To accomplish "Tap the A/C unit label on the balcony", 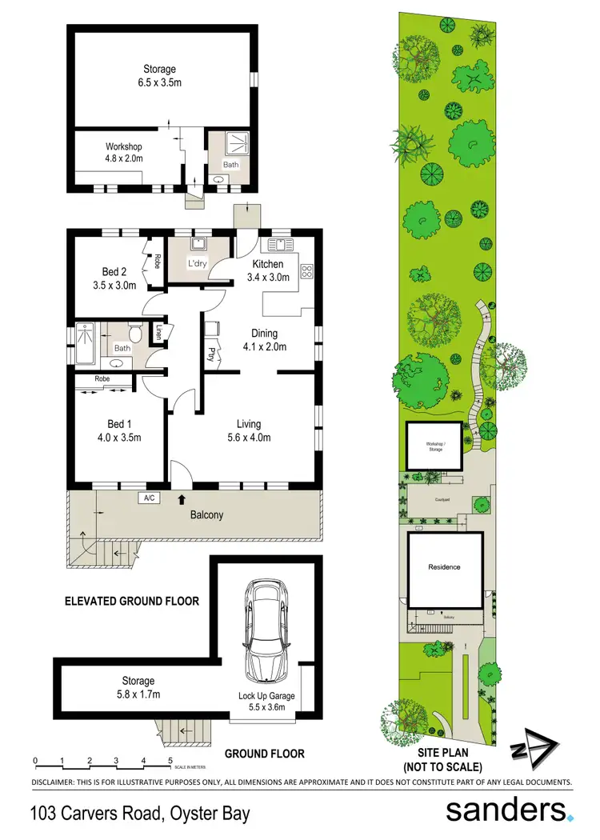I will pyautogui.click(x=148, y=498).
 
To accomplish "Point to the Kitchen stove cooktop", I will pyautogui.click(x=306, y=271).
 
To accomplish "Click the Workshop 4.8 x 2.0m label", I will pyautogui.click(x=124, y=153).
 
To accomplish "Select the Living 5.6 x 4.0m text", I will pyautogui.click(x=248, y=430).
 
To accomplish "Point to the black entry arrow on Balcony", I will pyautogui.click(x=182, y=499).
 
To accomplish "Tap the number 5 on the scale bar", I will pyautogui.click(x=170, y=760).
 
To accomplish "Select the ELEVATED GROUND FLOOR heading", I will pyautogui.click(x=130, y=600).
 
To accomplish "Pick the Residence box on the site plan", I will pyautogui.click(x=445, y=567).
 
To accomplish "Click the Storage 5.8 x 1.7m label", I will pyautogui.click(x=138, y=688).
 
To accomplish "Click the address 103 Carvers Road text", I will pyautogui.click(x=140, y=814).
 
